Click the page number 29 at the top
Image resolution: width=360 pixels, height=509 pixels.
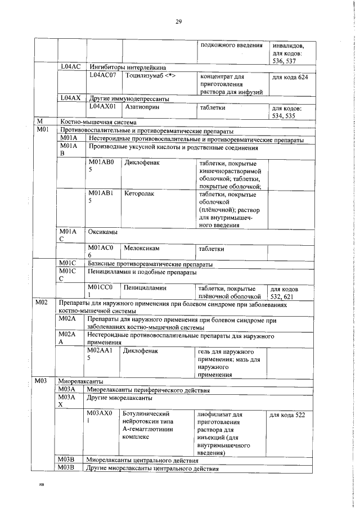179,21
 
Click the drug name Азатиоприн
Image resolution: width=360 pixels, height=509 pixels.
143,106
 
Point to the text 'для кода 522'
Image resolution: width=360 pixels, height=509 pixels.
287,415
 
